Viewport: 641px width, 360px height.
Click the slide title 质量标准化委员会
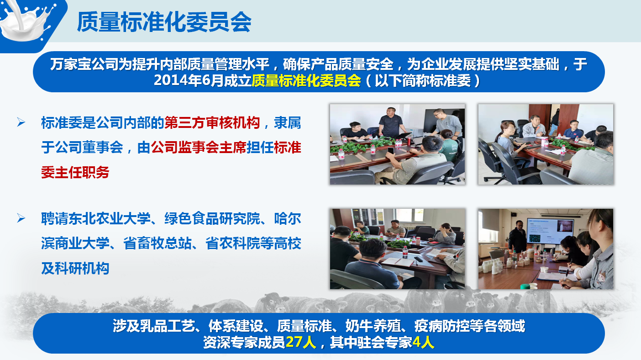(x=164, y=22)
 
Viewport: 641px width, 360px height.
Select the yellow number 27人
(x=301, y=342)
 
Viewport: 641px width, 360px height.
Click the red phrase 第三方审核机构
(x=212, y=123)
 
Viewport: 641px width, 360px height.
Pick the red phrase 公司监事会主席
(x=199, y=148)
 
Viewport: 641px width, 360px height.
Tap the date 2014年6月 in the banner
(x=189, y=80)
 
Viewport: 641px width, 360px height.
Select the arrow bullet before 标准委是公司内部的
(x=21, y=122)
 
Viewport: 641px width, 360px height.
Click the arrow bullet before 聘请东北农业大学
(x=21, y=218)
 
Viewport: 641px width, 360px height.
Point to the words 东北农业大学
(x=103, y=218)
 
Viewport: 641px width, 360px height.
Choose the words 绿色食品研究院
(x=212, y=218)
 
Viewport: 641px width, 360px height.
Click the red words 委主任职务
(x=75, y=172)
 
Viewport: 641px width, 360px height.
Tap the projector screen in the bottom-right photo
(x=551, y=231)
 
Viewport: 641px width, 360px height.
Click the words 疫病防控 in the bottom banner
(x=441, y=326)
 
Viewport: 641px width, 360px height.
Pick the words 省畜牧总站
(x=157, y=244)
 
